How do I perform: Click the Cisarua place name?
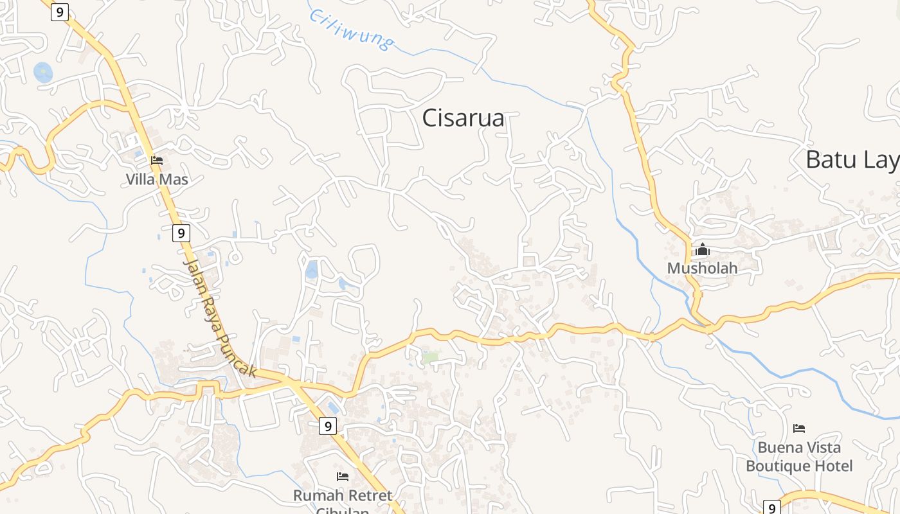pos(463,118)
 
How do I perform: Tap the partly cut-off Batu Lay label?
pos(852,160)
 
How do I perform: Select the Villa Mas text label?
pos(157,179)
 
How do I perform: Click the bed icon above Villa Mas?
pos(157,161)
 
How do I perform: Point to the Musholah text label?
pos(702,268)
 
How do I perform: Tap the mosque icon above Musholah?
pos(703,249)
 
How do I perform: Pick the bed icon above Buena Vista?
pos(799,429)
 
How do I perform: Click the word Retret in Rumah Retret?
pos(369,495)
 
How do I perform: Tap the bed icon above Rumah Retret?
pos(343,477)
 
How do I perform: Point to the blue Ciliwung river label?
pos(351,29)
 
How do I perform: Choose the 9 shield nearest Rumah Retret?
pos(328,425)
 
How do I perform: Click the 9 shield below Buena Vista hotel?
pos(772,508)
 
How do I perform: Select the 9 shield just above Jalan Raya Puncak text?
pos(182,233)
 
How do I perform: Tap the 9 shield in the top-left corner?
pos(60,12)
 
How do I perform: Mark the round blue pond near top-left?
pos(43,72)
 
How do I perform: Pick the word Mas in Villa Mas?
pos(174,179)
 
